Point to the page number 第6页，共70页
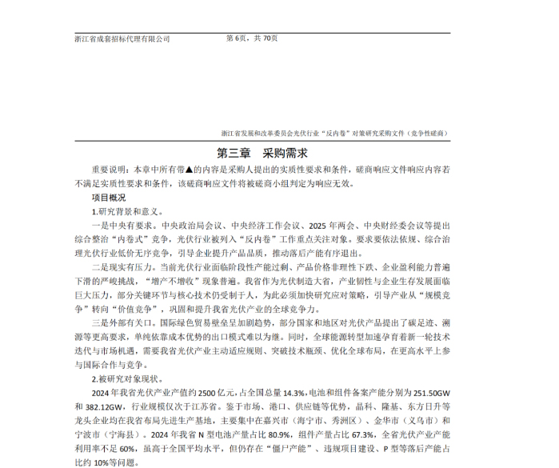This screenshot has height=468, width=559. (x=253, y=38)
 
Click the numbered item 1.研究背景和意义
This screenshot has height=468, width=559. (x=128, y=211)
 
